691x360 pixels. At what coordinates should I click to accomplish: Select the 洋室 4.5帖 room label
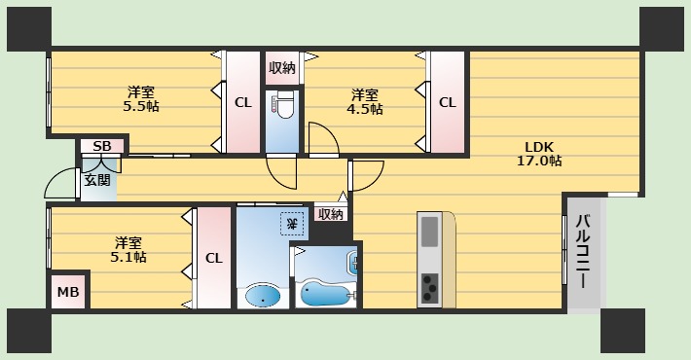click(365, 101)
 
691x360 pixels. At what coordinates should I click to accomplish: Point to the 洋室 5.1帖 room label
click(127, 249)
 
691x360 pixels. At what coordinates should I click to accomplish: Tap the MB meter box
click(67, 292)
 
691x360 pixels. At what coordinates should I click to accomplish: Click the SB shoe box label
click(102, 147)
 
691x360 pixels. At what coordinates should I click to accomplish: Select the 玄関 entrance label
click(96, 179)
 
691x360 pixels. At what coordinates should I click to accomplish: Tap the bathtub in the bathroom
click(325, 290)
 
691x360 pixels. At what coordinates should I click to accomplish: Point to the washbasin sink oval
click(261, 296)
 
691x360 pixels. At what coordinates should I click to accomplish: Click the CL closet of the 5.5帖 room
click(242, 101)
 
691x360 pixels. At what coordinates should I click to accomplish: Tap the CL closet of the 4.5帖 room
click(447, 101)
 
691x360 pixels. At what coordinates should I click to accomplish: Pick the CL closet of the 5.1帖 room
click(213, 258)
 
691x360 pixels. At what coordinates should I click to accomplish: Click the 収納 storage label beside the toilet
click(283, 68)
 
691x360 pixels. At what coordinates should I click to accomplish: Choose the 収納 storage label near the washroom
click(330, 214)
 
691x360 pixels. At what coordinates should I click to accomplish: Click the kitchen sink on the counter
click(430, 234)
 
